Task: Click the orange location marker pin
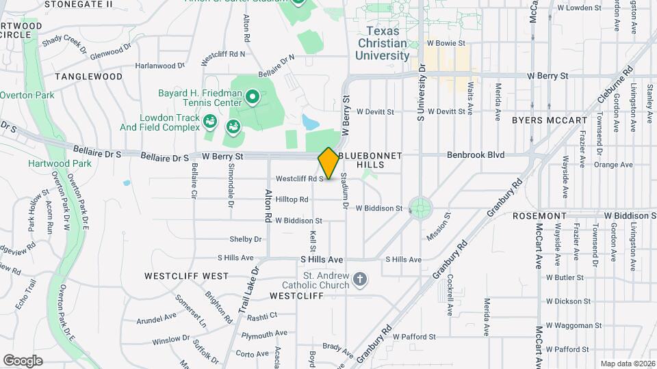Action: [x=328, y=163]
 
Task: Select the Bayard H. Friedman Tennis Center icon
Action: [x=252, y=97]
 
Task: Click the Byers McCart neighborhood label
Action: [x=550, y=120]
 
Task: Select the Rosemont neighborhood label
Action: [x=540, y=215]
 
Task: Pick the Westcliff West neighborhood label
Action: [x=186, y=276]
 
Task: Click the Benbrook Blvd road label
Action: [x=476, y=155]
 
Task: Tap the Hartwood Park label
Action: [x=50, y=163]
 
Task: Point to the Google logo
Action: [x=23, y=360]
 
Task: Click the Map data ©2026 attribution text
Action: [x=627, y=363]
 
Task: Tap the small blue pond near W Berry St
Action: [x=310, y=123]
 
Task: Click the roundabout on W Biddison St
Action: [x=420, y=207]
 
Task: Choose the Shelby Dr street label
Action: [x=246, y=239]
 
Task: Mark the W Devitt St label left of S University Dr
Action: [x=374, y=111]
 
